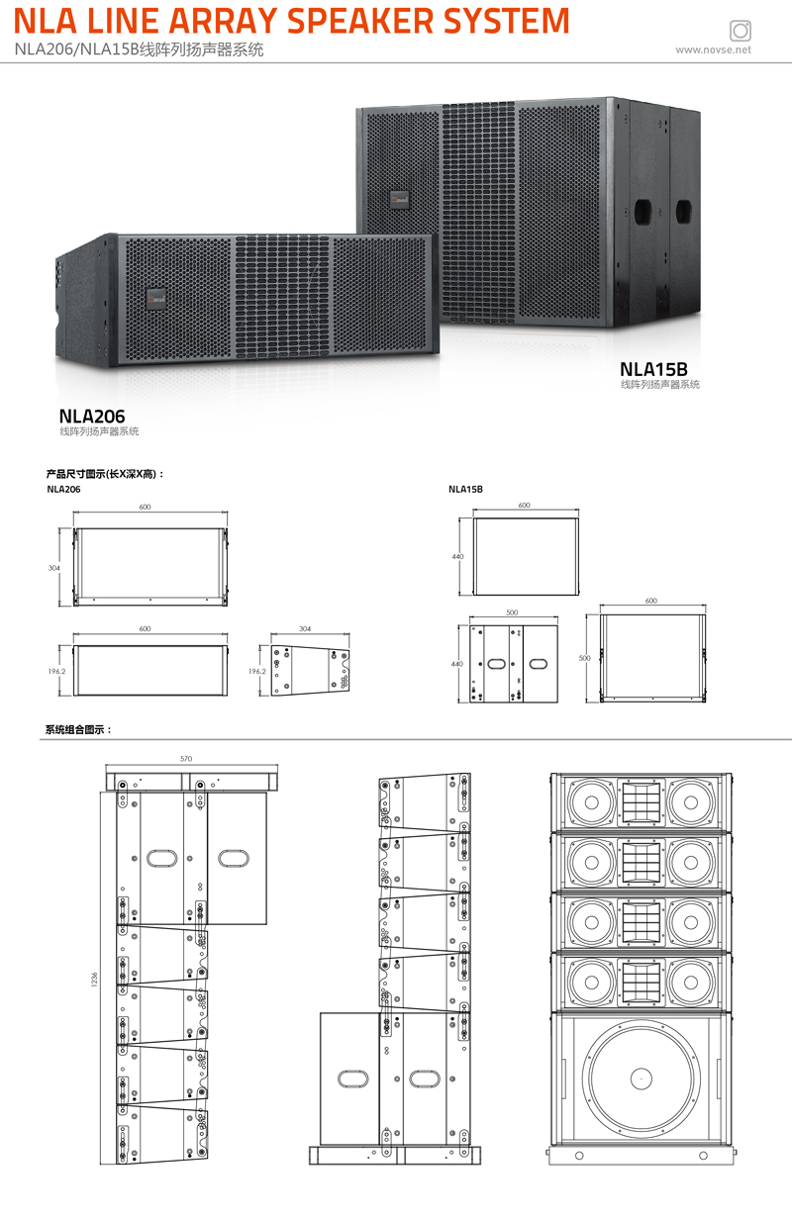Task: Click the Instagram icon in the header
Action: (x=739, y=29)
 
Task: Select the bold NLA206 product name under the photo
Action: (x=92, y=417)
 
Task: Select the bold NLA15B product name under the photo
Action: (x=653, y=369)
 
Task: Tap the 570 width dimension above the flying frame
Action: (x=186, y=758)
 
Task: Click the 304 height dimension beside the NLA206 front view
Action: (x=54, y=568)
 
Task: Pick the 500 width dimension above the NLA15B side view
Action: (x=511, y=612)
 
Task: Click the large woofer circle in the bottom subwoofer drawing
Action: (x=640, y=1077)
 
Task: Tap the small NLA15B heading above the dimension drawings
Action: (x=465, y=489)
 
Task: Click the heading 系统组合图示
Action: (x=79, y=730)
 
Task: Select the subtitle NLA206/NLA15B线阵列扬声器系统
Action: (x=139, y=49)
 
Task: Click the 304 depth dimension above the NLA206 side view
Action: (x=305, y=628)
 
